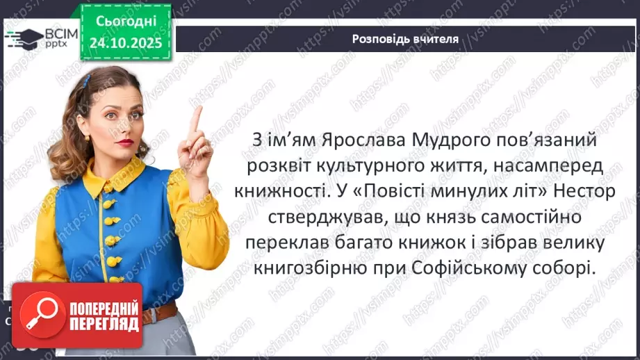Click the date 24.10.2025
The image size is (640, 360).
(126, 43)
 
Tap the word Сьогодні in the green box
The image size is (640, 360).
(126, 24)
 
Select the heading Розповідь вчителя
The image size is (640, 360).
(405, 39)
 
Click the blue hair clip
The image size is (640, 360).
(86, 81)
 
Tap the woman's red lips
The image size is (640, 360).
(124, 142)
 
